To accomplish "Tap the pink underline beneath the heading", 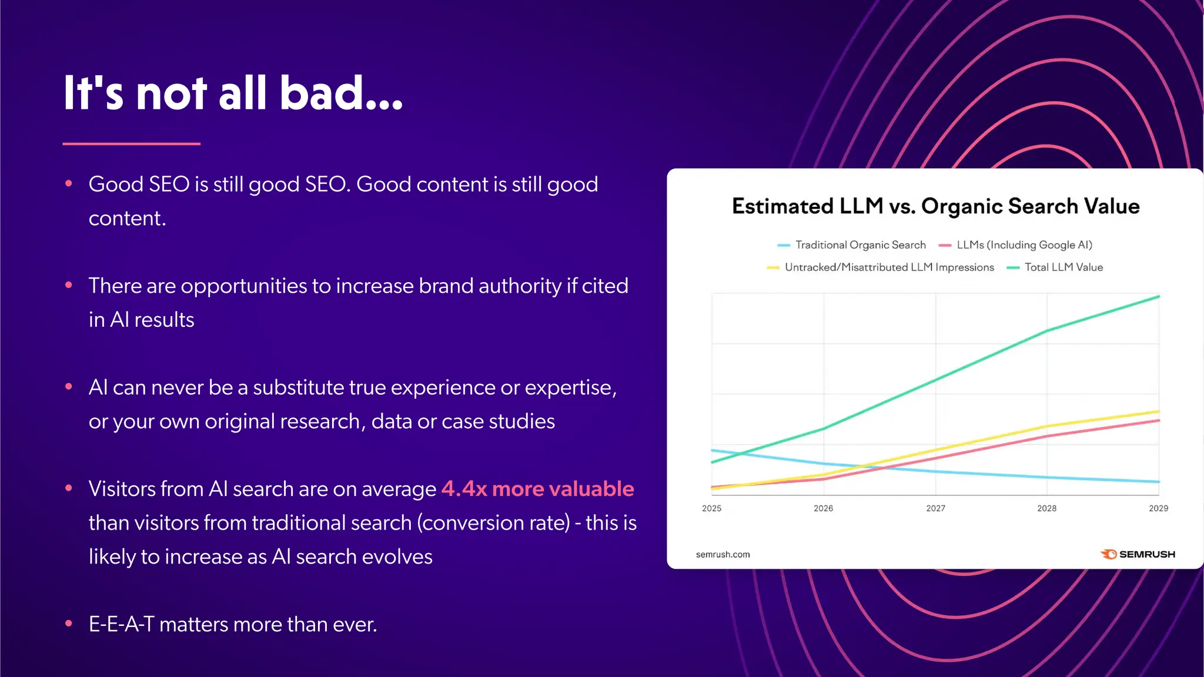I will (131, 143).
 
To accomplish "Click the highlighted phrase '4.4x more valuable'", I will (537, 489).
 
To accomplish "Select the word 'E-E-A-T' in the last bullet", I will (121, 624).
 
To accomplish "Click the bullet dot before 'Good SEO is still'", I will (69, 184).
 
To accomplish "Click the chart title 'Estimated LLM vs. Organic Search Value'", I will (935, 206).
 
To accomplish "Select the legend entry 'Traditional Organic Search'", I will (860, 245).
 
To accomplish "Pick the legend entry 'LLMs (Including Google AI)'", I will (1024, 245).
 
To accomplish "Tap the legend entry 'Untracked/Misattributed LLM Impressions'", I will (889, 267).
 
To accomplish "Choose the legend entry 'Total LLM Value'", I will (1063, 267).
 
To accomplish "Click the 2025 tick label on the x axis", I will (711, 508).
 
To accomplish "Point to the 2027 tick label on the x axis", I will (935, 508).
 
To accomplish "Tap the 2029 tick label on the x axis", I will (1158, 508).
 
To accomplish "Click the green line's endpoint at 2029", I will (1158, 297).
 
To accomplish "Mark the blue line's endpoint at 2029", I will (1158, 482).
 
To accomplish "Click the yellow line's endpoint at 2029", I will (1158, 411).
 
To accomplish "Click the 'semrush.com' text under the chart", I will (723, 554).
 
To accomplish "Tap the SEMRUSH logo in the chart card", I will (1138, 554).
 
